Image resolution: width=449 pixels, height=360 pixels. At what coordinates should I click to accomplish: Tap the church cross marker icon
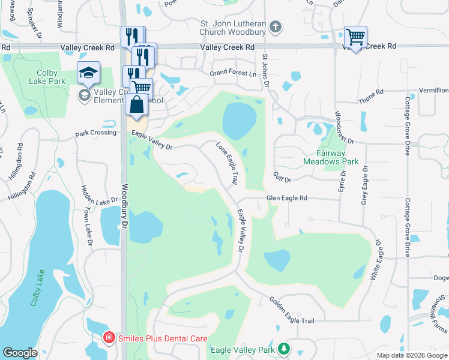click(x=276, y=26)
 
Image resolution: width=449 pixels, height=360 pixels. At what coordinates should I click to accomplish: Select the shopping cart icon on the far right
click(x=355, y=37)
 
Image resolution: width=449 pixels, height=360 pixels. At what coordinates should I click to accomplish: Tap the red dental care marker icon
click(x=109, y=337)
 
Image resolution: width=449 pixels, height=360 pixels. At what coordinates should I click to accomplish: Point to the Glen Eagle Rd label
click(x=286, y=198)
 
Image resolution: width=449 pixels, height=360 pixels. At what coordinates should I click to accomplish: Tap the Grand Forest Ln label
click(x=232, y=73)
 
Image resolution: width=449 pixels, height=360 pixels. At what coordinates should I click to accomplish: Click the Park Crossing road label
click(x=95, y=133)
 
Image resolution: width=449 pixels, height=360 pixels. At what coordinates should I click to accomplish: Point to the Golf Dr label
click(x=282, y=179)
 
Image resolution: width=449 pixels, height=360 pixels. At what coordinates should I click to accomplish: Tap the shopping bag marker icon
click(x=137, y=104)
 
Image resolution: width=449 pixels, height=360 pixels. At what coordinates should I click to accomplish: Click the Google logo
click(x=20, y=353)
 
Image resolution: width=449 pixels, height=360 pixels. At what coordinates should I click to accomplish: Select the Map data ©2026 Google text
click(x=411, y=355)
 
